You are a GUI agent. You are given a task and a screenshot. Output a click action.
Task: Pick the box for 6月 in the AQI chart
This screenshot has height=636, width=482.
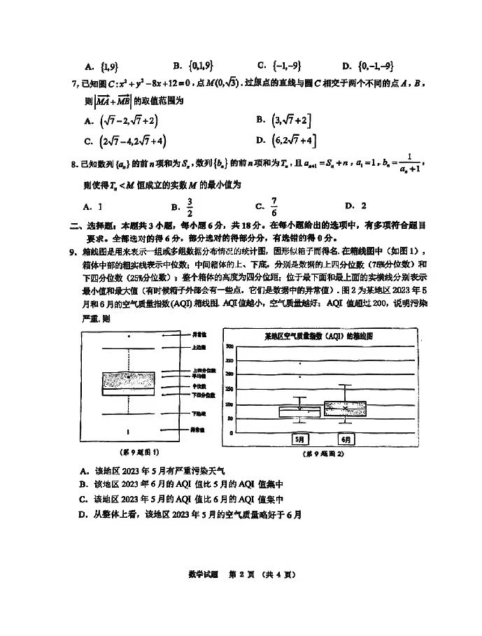(x=345, y=409)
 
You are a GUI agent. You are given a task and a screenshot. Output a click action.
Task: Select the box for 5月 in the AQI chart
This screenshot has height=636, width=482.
(x=299, y=411)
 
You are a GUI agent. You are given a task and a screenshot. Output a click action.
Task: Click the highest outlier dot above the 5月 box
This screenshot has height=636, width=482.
(x=300, y=363)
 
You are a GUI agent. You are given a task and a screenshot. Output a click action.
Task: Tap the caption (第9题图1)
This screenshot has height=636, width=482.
(x=140, y=453)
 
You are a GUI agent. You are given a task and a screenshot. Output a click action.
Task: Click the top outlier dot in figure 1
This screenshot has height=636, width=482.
(x=128, y=337)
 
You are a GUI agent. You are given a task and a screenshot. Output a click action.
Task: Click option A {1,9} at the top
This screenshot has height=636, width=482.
(x=101, y=66)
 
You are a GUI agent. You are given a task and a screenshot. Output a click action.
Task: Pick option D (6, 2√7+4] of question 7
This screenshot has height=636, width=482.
(x=286, y=141)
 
